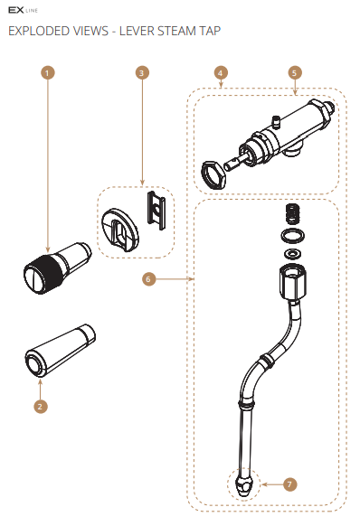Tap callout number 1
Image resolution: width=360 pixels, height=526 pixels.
point(46,71)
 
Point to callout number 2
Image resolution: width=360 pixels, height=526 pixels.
point(39,406)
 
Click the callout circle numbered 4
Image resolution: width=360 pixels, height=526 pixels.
point(221,71)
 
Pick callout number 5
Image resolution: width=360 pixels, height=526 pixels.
point(294,71)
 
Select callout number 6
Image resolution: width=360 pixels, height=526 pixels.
point(148,279)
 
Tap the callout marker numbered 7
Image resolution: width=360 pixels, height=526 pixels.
point(289,484)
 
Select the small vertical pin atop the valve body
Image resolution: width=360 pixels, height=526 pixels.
point(274,117)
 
